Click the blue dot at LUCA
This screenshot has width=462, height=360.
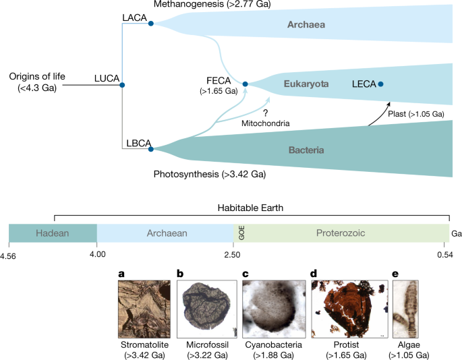point(122,85)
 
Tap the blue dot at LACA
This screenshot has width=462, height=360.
point(151,24)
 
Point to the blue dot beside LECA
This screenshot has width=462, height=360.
point(381,84)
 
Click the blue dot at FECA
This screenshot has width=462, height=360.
point(246,84)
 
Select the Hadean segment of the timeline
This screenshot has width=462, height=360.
point(53,233)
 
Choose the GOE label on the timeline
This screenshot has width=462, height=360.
point(240,233)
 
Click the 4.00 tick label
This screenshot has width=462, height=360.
point(97,253)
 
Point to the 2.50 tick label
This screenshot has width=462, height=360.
point(233,253)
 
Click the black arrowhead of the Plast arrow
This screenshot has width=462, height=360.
point(391,103)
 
